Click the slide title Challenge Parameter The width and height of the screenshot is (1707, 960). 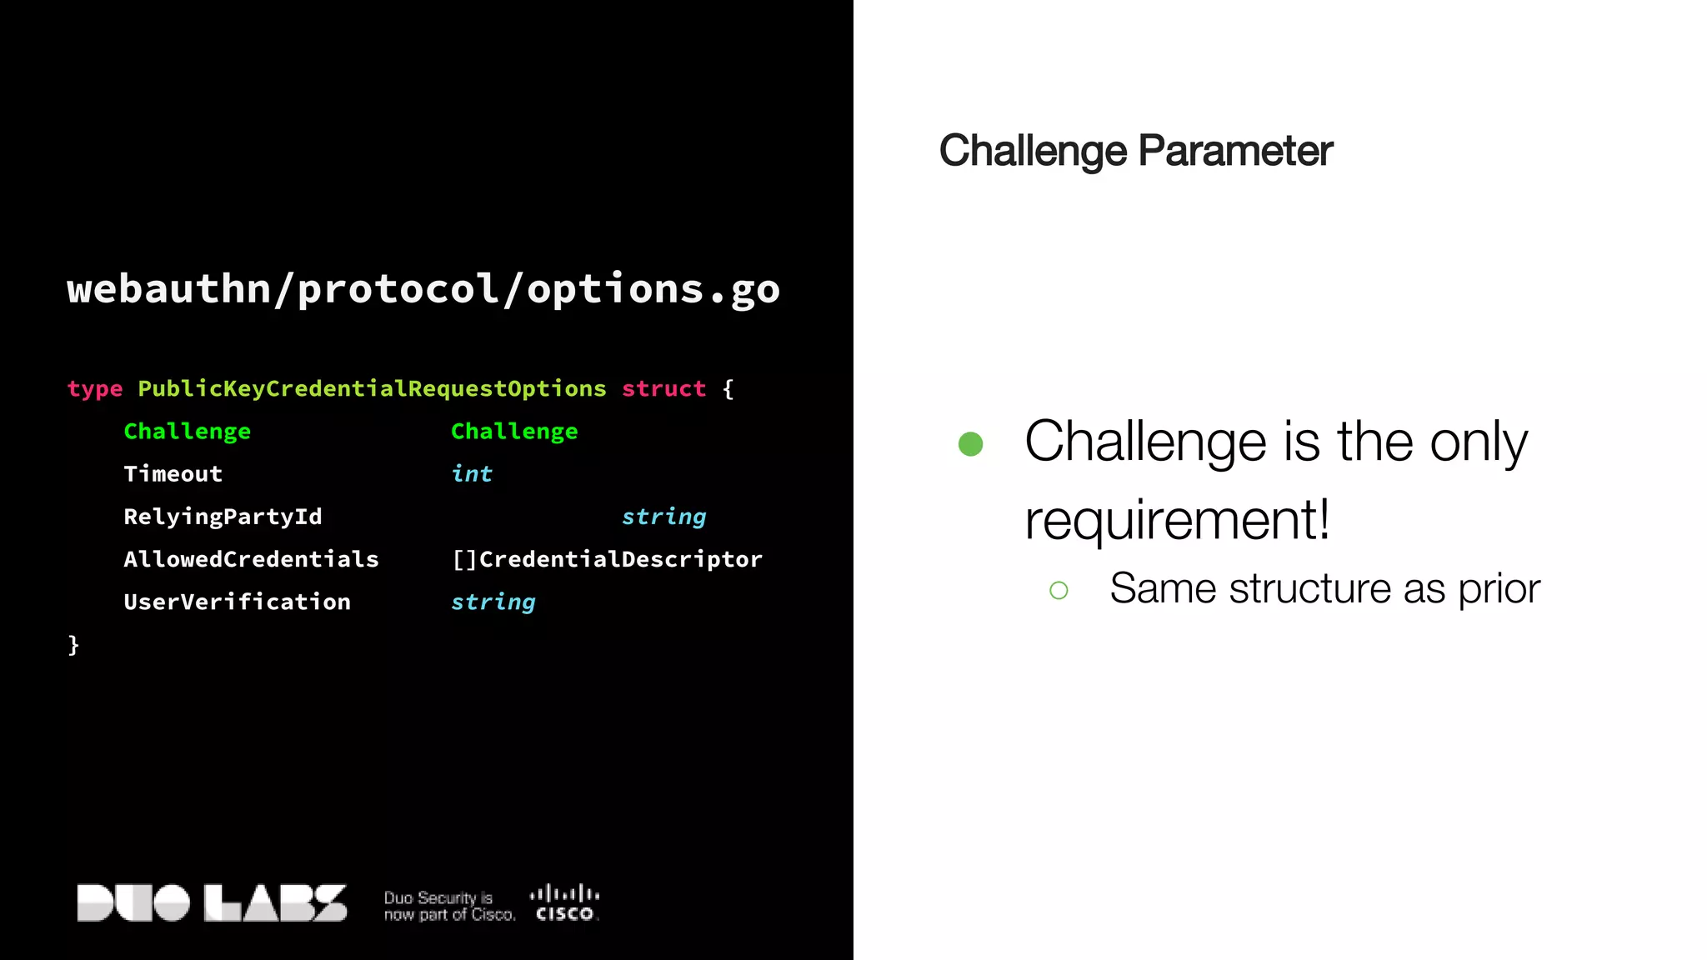pos(1135,151)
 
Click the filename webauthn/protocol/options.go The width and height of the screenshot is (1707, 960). pos(423,289)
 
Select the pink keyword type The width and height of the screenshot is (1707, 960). pos(95,389)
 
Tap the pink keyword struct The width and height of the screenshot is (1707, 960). pos(663,389)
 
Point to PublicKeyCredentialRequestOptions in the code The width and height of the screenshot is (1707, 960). pos(372,389)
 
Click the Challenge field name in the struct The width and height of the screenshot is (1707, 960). pos(187,432)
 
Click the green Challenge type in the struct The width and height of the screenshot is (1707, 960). pos(514,432)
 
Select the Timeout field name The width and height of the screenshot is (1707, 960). pos(173,474)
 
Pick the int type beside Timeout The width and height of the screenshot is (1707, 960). pos(472,474)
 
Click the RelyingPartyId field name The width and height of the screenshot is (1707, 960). pos(223,517)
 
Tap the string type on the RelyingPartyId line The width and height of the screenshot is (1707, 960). pos(663,517)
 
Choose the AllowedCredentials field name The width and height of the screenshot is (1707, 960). pos(251,559)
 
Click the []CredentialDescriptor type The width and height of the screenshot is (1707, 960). pos(607,559)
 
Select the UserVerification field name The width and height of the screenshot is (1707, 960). pos(237,602)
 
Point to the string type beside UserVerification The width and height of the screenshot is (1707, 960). pos(493,602)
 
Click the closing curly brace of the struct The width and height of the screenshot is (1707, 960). pos(73,644)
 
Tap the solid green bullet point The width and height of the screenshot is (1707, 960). pos(970,443)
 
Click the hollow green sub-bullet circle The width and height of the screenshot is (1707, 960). pos(1059,591)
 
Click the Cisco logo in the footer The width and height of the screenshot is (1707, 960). pos(565,903)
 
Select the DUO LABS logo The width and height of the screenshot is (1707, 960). pos(212,903)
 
